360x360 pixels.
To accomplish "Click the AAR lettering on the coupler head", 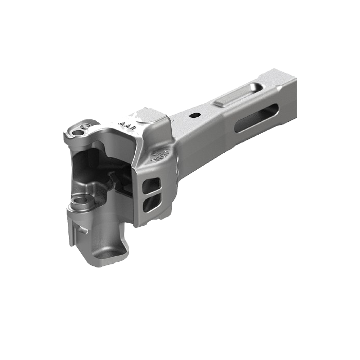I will pyautogui.click(x=124, y=123).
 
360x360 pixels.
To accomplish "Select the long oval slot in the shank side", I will pyautogui.click(x=258, y=118).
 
